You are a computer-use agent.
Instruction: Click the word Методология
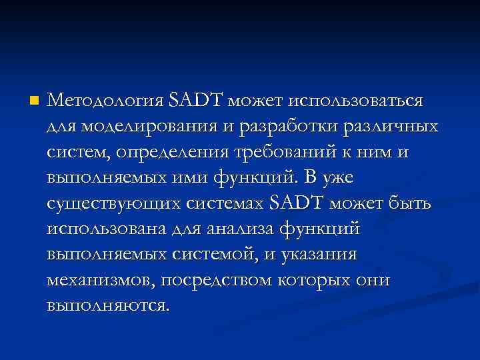106,101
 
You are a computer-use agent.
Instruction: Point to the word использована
109,229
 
